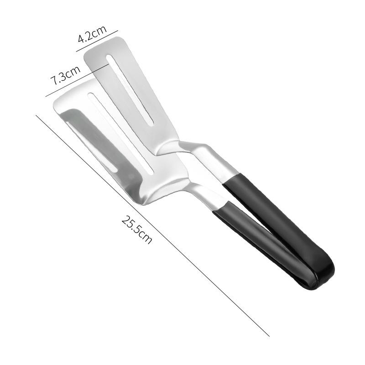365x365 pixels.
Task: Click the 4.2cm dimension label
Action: [x=91, y=34]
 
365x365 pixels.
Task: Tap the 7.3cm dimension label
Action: [x=65, y=75]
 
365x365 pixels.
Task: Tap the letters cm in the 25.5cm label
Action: [x=145, y=237]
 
